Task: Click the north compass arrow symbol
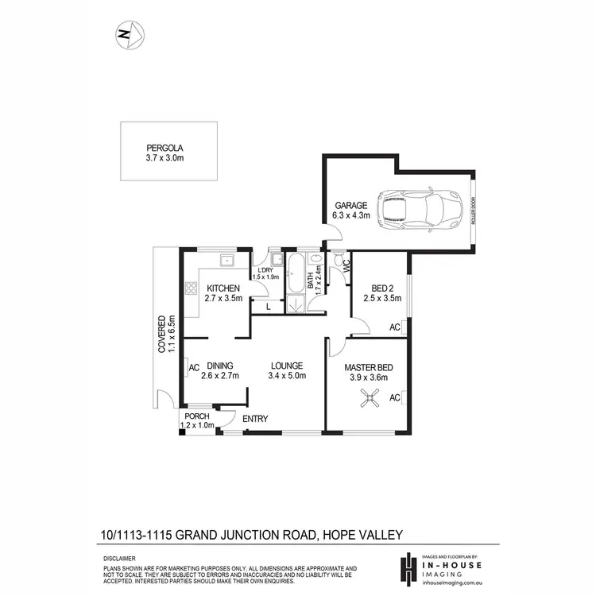click(128, 33)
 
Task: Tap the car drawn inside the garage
click(418, 210)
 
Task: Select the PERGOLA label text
click(164, 147)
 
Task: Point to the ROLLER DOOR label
click(473, 211)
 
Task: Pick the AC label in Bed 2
click(394, 327)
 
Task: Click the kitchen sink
click(226, 259)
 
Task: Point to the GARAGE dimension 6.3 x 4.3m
click(350, 215)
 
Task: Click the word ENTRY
click(255, 419)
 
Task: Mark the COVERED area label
click(161, 334)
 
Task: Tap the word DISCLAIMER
click(119, 559)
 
